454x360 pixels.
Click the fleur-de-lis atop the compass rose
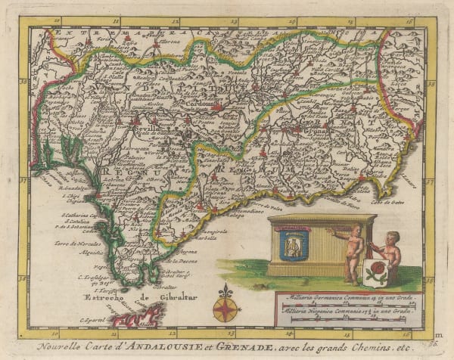pyautogui.click(x=223, y=290)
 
